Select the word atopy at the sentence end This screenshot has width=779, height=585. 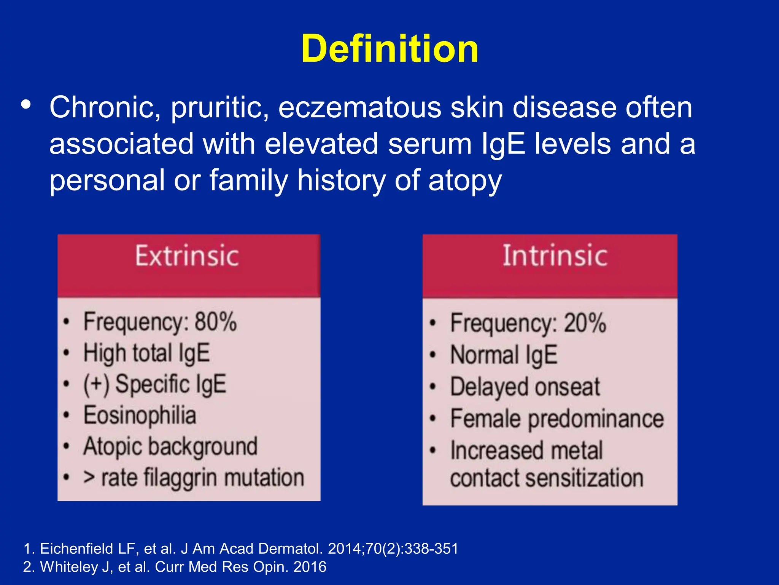tap(465, 181)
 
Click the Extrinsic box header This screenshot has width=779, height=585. tap(187, 256)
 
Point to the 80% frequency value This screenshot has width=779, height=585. tap(216, 322)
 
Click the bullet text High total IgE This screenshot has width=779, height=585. tap(146, 353)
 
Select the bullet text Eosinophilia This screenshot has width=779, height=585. tap(140, 415)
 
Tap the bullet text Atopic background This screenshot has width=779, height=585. tap(170, 446)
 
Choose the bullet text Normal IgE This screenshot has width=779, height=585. tap(504, 355)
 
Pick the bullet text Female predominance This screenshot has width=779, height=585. tap(557, 419)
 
